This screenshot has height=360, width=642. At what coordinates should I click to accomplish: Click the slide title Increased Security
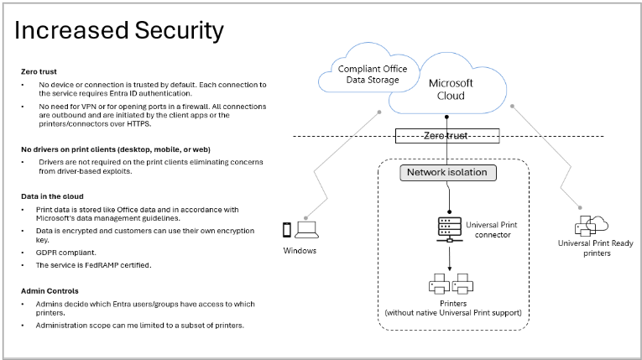[x=119, y=31]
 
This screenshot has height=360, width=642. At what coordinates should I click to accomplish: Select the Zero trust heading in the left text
[x=39, y=72]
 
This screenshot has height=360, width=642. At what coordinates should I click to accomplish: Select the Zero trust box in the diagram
[x=447, y=134]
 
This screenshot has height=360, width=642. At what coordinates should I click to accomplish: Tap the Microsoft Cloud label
[x=451, y=88]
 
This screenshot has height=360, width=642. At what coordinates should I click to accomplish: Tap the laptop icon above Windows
[x=308, y=229]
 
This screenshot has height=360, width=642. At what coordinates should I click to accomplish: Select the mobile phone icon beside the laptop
[x=288, y=229]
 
